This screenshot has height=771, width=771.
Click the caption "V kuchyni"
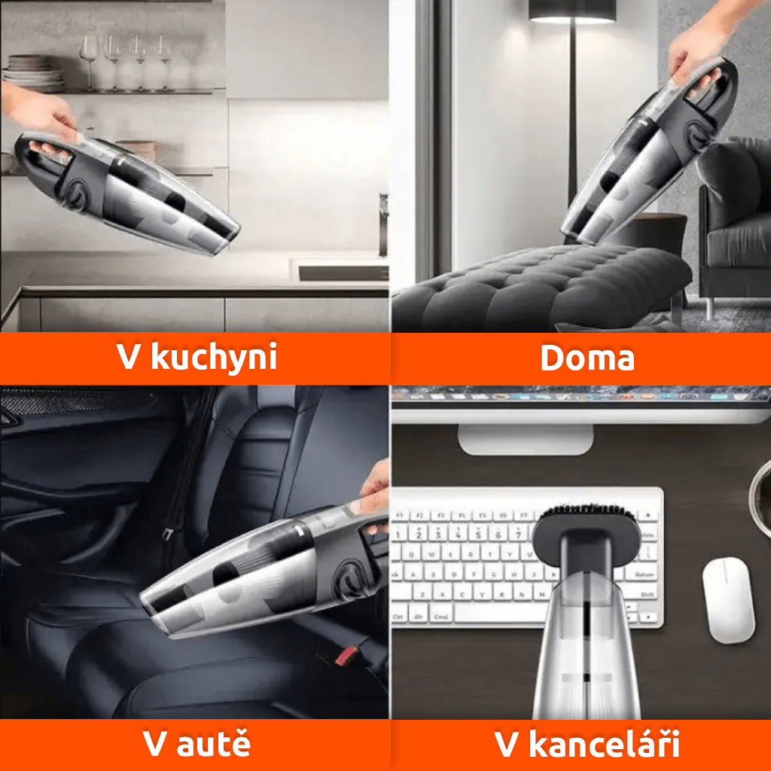(x=197, y=357)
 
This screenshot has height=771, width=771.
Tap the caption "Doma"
(x=587, y=358)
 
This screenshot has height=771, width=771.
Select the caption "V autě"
(x=197, y=743)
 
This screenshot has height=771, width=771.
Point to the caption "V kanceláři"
(x=587, y=743)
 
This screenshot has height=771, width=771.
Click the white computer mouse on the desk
(x=729, y=600)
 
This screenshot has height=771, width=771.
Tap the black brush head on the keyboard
(x=586, y=524)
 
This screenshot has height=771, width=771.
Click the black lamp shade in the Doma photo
(x=572, y=11)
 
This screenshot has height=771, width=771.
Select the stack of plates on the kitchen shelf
(x=33, y=73)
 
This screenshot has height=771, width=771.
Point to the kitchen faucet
(x=383, y=224)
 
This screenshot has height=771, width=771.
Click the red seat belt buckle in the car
(x=346, y=656)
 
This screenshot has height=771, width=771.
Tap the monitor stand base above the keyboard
(x=526, y=439)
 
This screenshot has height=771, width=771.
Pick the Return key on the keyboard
(x=644, y=574)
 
